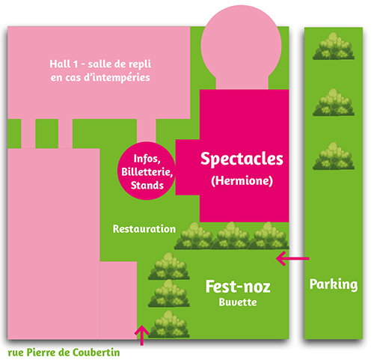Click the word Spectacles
point(242,159)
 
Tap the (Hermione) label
point(242,180)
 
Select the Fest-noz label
point(238,287)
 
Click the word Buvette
point(238,302)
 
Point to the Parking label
point(334,284)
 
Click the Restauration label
point(144,229)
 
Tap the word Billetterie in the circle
point(147,172)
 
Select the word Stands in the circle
point(147,186)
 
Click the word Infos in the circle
point(147,159)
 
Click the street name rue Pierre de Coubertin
point(64,353)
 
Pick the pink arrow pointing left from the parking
point(292,258)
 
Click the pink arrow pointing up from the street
point(142,335)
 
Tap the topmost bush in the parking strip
point(334,46)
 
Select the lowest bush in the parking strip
point(334,156)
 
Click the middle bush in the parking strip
point(334,103)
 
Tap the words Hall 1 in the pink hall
point(64,64)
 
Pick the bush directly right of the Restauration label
point(194,236)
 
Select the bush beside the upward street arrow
point(169,324)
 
